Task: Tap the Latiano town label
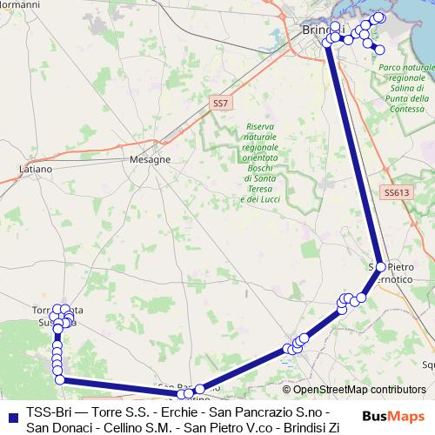coord(36,168)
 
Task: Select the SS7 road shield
coord(221,104)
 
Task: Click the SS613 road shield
coord(395,192)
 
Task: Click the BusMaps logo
coord(392,416)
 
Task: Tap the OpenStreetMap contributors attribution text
coord(353,391)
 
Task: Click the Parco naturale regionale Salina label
coord(406,87)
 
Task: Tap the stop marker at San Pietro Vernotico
coord(380,267)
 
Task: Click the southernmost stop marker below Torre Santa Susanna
coord(59,378)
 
